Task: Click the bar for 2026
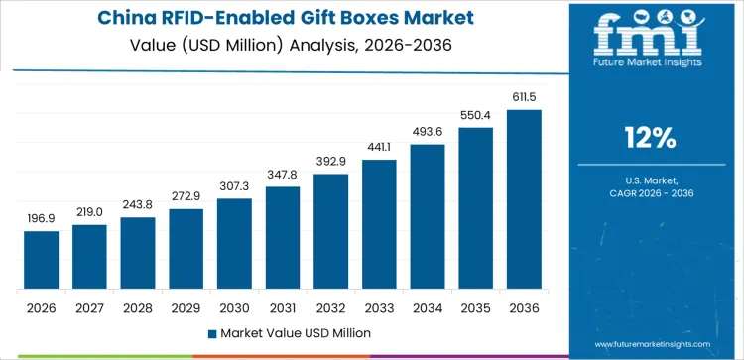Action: [x=42, y=260]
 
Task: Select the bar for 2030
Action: [x=234, y=244]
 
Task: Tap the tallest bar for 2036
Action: [x=524, y=199]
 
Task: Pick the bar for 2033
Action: [x=379, y=224]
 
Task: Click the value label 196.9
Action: [x=42, y=218]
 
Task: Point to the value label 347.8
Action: [x=283, y=174]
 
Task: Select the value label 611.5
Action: [x=524, y=97]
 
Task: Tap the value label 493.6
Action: [x=428, y=132]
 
